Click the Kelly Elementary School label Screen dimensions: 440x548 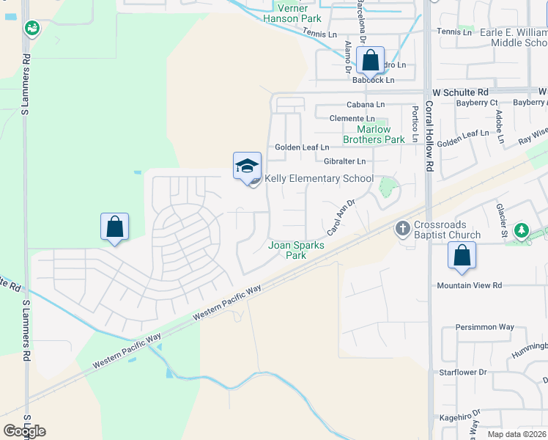click(319, 178)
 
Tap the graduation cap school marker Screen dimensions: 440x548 click(247, 166)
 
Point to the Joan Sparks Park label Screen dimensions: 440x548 click(296, 251)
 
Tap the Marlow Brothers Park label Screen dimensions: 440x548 click(374, 134)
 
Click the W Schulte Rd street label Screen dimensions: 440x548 click(460, 92)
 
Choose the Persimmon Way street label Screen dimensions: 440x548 click(485, 327)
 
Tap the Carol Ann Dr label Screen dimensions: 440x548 click(341, 217)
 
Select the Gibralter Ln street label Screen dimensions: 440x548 click(344, 161)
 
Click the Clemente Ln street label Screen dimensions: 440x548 click(352, 119)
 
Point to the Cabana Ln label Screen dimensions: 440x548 click(366, 105)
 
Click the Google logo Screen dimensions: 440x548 click(24, 431)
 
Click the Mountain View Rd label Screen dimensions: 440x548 click(470, 285)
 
